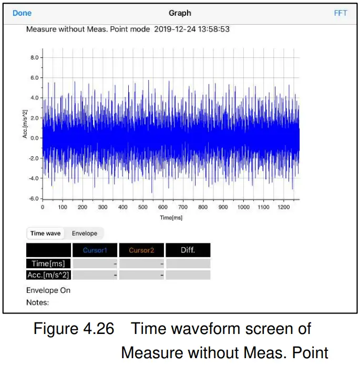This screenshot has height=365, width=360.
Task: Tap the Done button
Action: click(22, 13)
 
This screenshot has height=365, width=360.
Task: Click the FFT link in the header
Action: click(341, 13)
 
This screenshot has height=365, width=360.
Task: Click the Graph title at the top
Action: click(180, 13)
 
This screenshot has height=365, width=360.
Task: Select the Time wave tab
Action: click(46, 234)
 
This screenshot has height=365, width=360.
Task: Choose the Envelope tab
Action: click(85, 234)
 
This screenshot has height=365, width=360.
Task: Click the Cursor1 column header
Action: click(96, 250)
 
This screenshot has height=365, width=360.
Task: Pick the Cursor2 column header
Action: click(141, 250)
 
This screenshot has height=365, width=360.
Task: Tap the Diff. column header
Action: click(188, 250)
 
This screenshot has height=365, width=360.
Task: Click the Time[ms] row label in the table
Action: click(48, 264)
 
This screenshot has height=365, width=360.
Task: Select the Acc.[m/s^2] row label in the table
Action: click(48, 275)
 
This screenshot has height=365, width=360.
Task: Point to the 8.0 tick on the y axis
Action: click(34, 57)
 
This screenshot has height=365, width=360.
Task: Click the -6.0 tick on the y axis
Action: click(33, 198)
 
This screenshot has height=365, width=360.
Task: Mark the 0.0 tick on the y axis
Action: click(34, 138)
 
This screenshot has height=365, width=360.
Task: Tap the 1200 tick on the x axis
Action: click(283, 207)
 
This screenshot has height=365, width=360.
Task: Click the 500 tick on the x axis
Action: click(142, 207)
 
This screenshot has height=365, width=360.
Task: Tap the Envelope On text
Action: click(48, 290)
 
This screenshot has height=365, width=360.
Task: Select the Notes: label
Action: click(37, 302)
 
